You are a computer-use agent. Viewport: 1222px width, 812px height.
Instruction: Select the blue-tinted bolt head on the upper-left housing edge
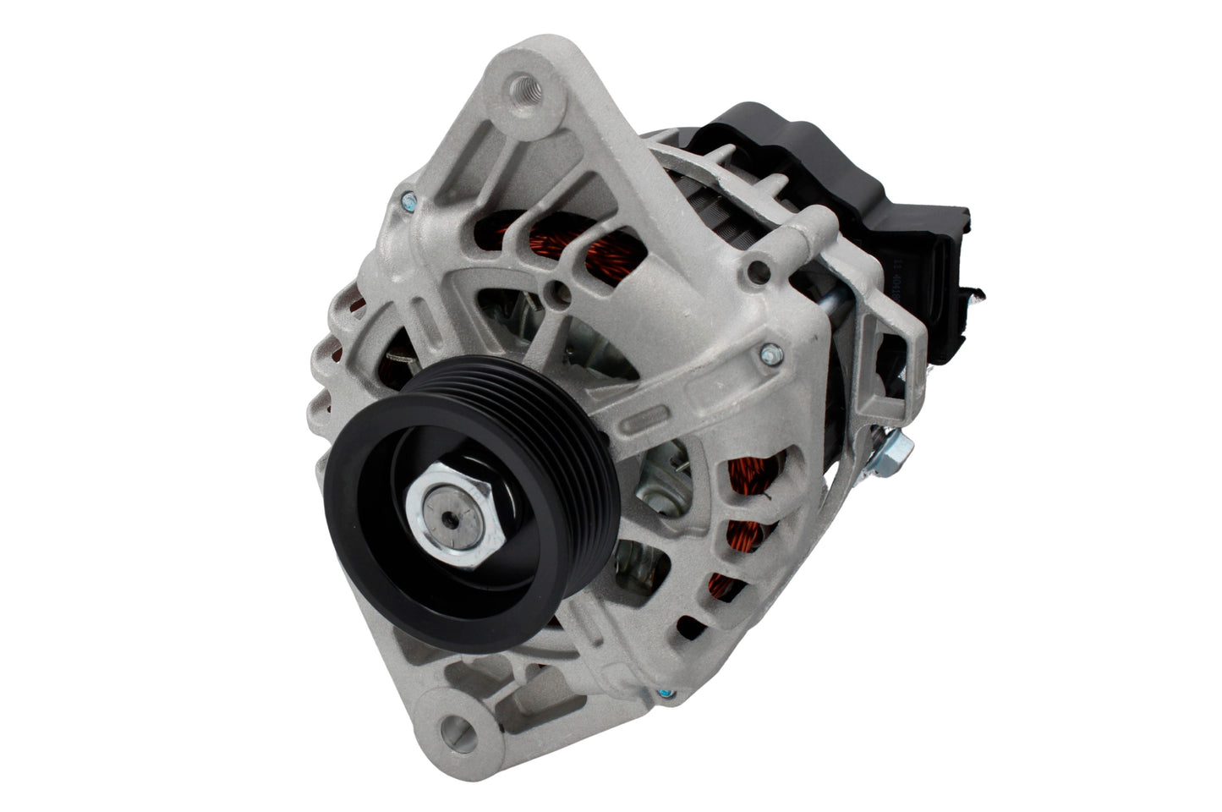coord(410,200)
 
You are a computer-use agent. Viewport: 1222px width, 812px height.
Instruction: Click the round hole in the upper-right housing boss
coord(760,271)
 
